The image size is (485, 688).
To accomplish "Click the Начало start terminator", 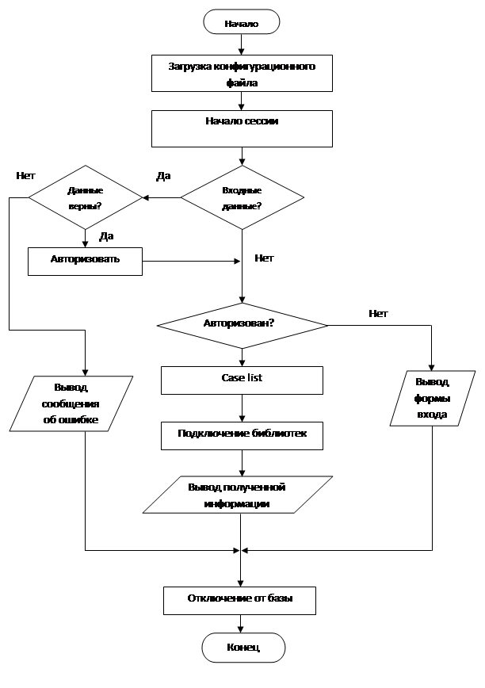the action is click(x=241, y=22).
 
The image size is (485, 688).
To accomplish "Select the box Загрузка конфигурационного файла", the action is click(x=242, y=73).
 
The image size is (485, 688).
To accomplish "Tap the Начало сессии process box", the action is click(x=242, y=128).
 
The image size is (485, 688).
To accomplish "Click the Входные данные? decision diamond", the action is click(x=242, y=197).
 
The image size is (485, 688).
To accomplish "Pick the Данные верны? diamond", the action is click(x=86, y=197).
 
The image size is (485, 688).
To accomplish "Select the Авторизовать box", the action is click(x=85, y=262).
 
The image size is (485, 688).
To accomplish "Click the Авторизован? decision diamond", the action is click(x=242, y=325).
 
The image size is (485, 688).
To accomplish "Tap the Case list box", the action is click(x=242, y=380).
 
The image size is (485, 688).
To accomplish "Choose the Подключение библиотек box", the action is click(x=242, y=436).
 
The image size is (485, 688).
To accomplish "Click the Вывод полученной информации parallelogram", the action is click(x=238, y=495).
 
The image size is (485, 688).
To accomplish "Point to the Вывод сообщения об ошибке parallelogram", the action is click(x=71, y=403).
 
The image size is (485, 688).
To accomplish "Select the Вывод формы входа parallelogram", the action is click(x=433, y=399).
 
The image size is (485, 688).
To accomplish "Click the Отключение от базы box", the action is click(x=240, y=601).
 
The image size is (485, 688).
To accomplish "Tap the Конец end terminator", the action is click(x=243, y=648).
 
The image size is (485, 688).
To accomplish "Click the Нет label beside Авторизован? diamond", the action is click(x=378, y=314).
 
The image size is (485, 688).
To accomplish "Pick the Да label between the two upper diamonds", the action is click(x=163, y=177).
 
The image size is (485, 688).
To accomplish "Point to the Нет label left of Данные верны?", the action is click(x=25, y=176).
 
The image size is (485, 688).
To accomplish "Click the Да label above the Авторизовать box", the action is click(x=106, y=236).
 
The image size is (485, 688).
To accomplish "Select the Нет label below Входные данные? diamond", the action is click(x=264, y=258).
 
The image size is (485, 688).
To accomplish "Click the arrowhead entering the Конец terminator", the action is click(x=240, y=629).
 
